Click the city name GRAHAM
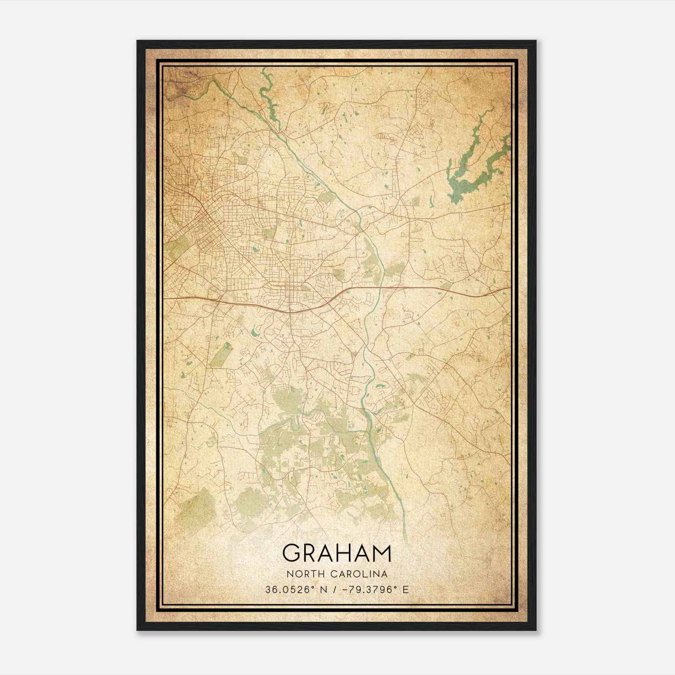(337, 553)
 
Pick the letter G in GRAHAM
(291, 553)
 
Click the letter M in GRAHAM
(381, 553)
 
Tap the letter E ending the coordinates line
(405, 590)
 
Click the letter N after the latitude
(324, 590)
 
